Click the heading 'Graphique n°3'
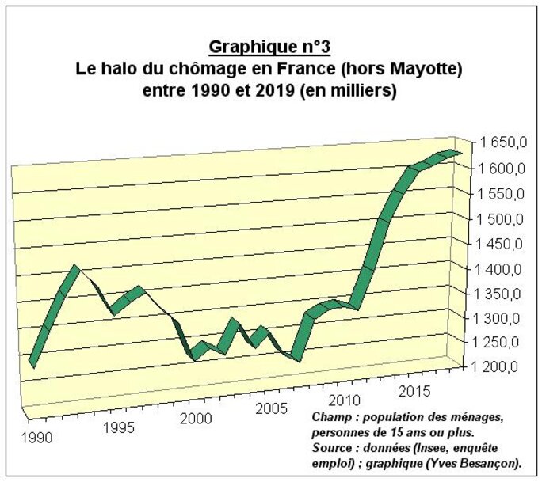click(x=269, y=48)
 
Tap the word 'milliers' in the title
click(x=361, y=91)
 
